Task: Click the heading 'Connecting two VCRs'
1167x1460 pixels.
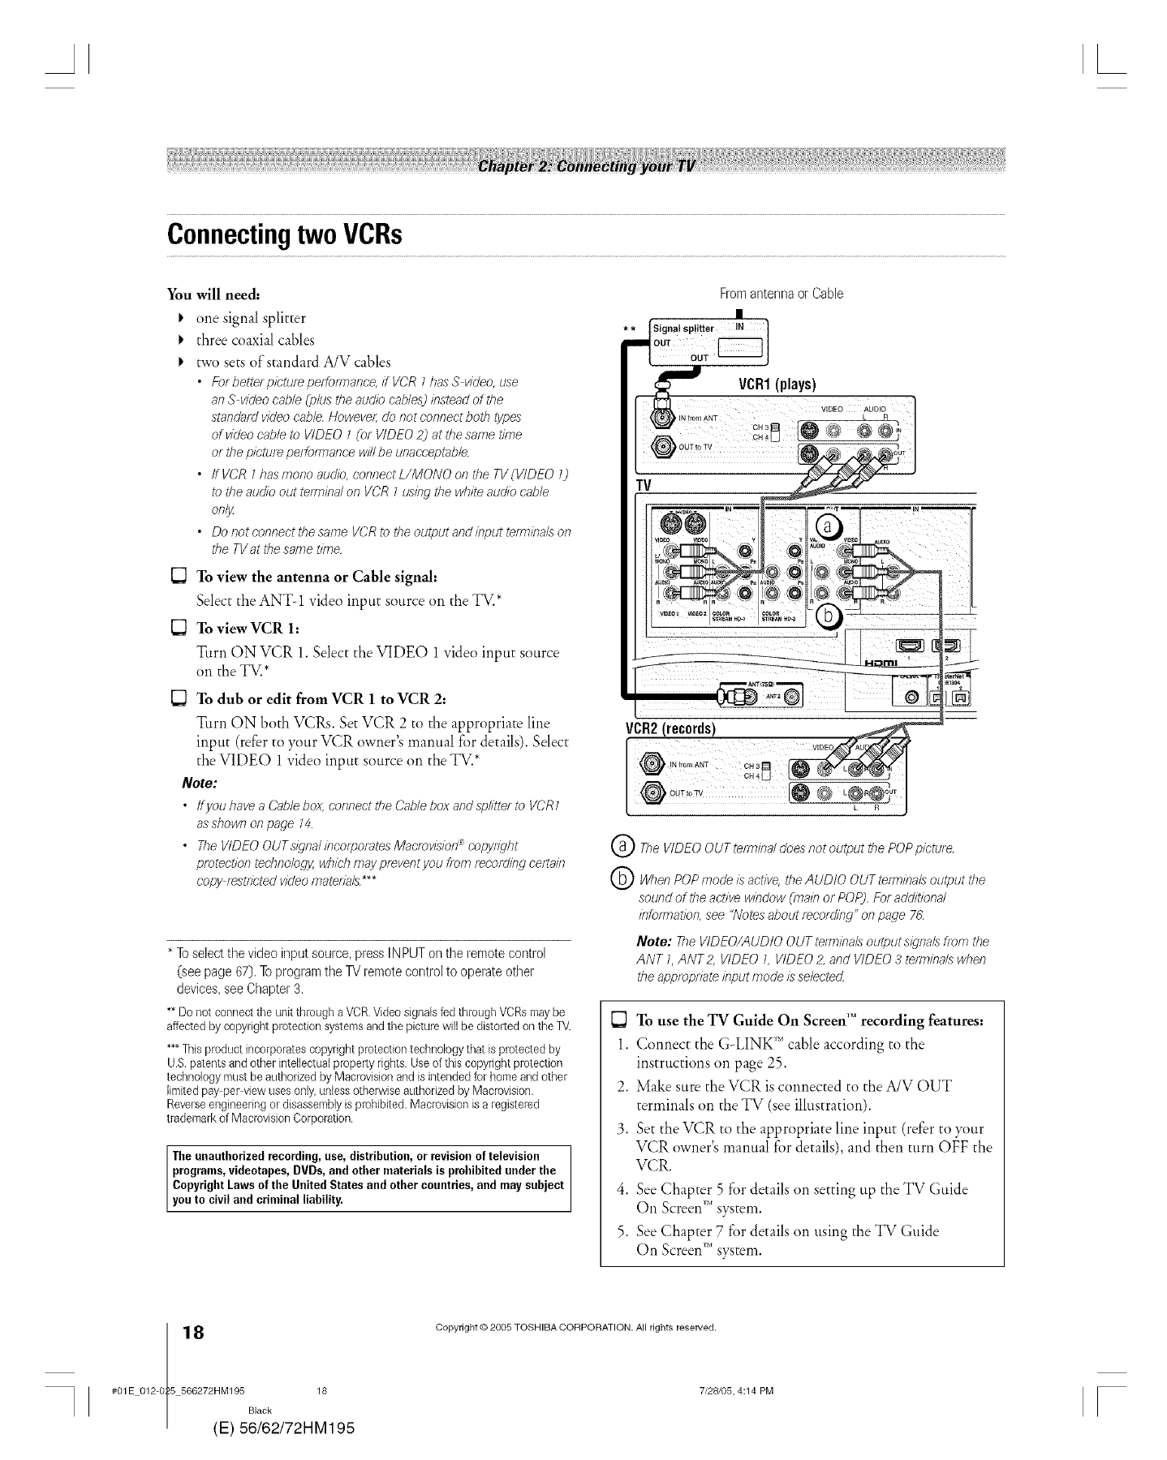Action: [x=285, y=234]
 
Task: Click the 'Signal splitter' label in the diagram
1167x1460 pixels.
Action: [x=684, y=328]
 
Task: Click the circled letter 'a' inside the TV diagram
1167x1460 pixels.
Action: [x=828, y=526]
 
